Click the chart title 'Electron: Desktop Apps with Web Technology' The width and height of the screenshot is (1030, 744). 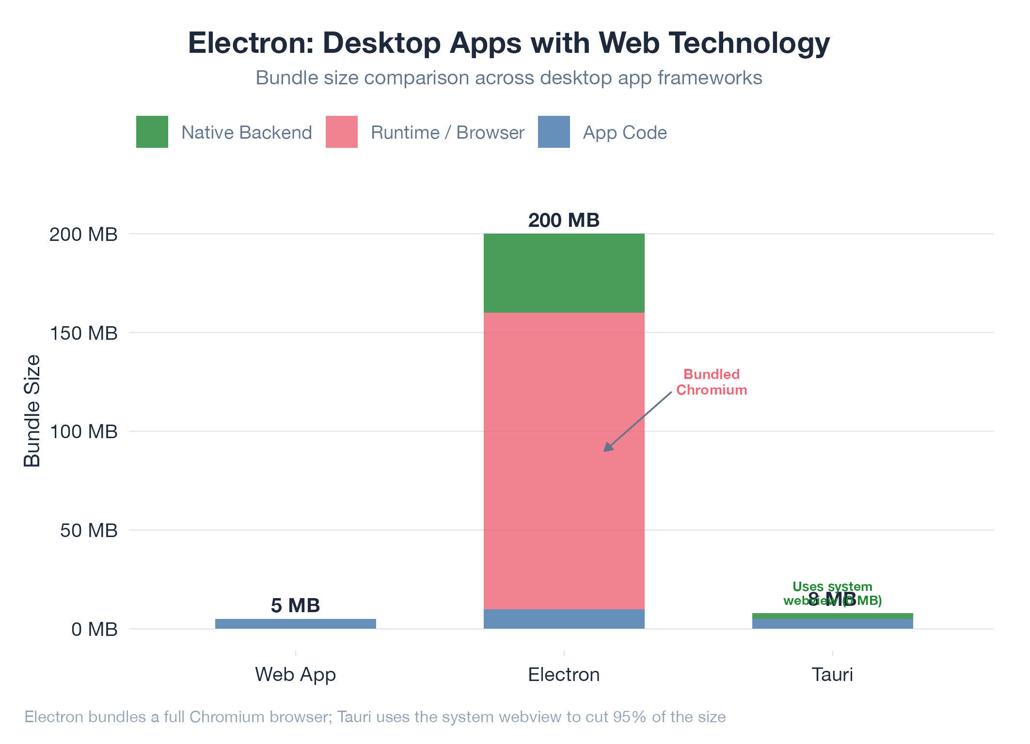click(x=509, y=43)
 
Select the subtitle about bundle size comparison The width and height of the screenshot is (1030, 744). click(x=509, y=78)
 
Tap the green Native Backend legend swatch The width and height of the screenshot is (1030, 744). click(x=152, y=132)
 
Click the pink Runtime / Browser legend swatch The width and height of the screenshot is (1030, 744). click(x=342, y=132)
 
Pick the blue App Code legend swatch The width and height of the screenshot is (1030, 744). click(x=554, y=132)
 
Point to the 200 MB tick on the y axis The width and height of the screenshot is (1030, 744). click(x=83, y=235)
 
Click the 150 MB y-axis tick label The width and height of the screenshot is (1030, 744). click(x=83, y=333)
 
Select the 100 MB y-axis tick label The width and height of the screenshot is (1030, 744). click(x=83, y=432)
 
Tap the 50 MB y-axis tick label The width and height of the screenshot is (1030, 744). click(x=89, y=531)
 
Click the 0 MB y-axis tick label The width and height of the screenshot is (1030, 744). click(x=95, y=630)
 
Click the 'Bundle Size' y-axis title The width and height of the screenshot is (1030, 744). click(x=32, y=411)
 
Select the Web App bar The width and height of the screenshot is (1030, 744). click(x=296, y=624)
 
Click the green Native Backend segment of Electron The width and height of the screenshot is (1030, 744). click(x=564, y=273)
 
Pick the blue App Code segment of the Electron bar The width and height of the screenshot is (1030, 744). click(x=564, y=619)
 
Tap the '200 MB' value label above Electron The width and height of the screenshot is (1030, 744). click(x=564, y=221)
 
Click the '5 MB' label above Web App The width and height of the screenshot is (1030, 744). click(x=296, y=606)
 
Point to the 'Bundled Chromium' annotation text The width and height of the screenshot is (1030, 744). click(x=712, y=382)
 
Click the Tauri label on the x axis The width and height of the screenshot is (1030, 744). click(x=832, y=675)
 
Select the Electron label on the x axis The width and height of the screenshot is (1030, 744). click(x=564, y=675)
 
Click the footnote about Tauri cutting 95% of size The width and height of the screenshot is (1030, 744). click(x=375, y=717)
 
